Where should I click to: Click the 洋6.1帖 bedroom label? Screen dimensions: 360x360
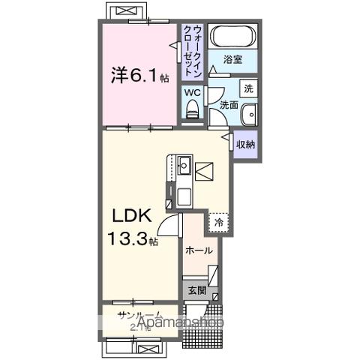pos(139,76)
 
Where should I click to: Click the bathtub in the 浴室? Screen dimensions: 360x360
pos(232,36)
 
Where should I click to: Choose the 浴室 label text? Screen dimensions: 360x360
pos(233,58)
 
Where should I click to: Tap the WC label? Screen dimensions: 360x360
pos(191,92)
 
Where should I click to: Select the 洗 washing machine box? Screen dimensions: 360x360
pos(249,88)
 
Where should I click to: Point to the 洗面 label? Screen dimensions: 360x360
pos(228,106)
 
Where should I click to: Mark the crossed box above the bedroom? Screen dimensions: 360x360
pos(124,13)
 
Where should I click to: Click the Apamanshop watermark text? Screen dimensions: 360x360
pos(164,323)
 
